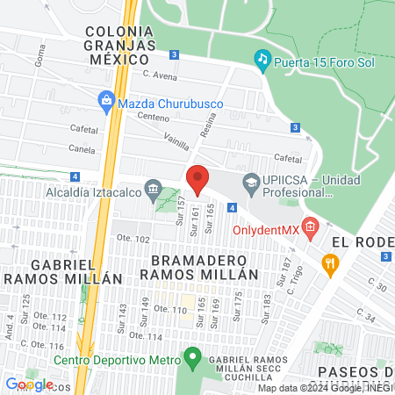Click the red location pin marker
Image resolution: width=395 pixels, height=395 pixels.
pos(198,180)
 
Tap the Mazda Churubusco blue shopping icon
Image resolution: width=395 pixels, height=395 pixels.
pos(106,100)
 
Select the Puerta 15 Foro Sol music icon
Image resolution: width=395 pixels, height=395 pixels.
pos(262,59)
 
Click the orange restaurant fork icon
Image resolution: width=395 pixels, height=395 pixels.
pos(329,262)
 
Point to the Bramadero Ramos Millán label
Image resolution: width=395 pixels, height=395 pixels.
pos(205,267)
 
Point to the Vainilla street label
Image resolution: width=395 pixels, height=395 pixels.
pos(183,140)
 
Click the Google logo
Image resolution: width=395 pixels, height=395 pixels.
pos(29,384)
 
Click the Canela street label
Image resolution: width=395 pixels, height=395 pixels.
pos(82,147)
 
